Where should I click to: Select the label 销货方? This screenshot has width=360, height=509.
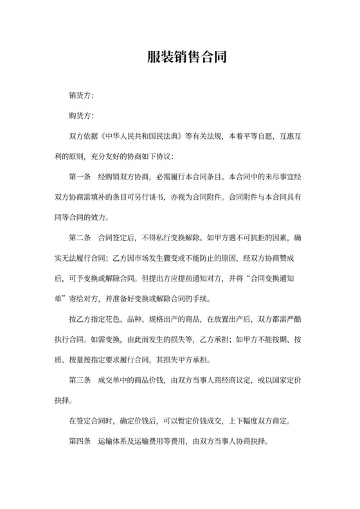(81, 95)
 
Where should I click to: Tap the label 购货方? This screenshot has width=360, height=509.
(81, 116)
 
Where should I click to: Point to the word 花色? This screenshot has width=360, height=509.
(111, 319)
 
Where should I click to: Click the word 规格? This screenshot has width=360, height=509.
(161, 319)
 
